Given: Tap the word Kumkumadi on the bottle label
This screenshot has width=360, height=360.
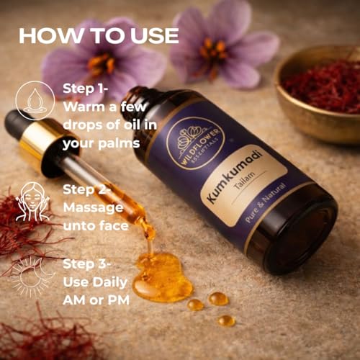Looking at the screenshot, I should click(226, 180).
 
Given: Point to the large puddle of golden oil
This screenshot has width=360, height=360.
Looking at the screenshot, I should click(161, 278).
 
